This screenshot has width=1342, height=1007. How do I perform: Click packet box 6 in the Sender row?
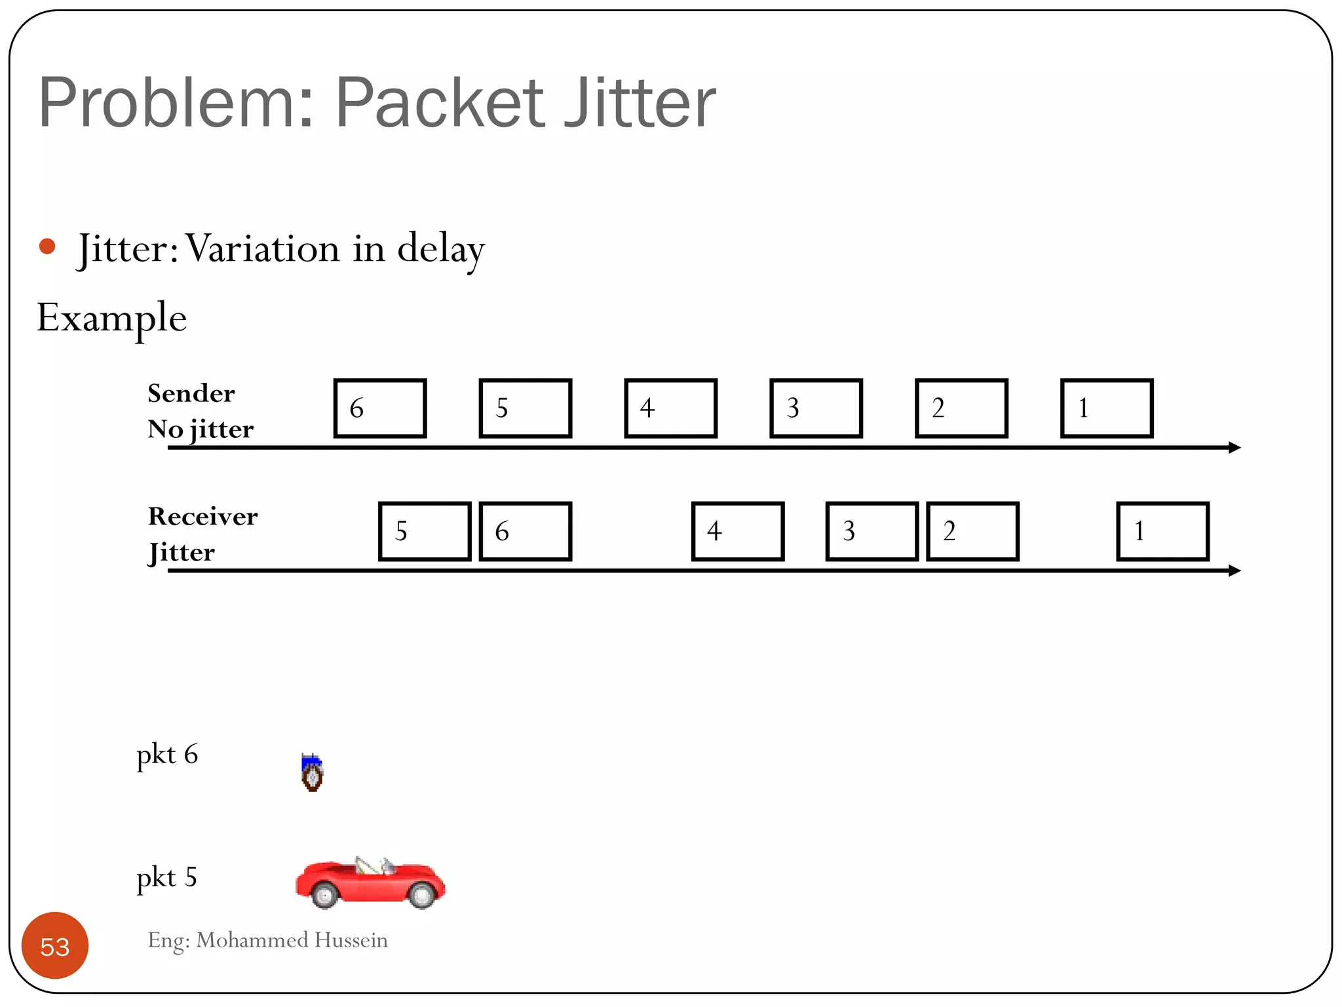(380, 408)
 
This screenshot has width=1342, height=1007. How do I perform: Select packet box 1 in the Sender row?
(1107, 408)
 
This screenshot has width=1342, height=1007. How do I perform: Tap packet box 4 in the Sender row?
(671, 408)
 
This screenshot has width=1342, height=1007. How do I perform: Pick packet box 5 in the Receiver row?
(425, 531)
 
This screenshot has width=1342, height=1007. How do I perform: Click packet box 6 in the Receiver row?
(526, 531)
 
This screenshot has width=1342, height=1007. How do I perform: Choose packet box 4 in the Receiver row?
(738, 531)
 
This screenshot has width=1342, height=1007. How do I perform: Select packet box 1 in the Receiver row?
(1162, 531)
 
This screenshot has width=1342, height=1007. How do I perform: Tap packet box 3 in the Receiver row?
(872, 531)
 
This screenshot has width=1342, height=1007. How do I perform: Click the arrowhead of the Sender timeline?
(1235, 447)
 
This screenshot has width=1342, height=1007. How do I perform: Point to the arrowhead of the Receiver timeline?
(1235, 570)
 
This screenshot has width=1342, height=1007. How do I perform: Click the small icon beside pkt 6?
(312, 772)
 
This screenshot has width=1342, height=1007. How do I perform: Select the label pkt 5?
(166, 877)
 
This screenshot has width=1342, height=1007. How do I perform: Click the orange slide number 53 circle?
(55, 945)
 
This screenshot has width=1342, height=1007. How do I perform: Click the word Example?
(112, 318)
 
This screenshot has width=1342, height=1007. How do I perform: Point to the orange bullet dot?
(47, 247)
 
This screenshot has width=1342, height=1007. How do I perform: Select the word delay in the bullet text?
(441, 249)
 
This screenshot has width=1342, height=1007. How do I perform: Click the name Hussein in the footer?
(351, 940)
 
